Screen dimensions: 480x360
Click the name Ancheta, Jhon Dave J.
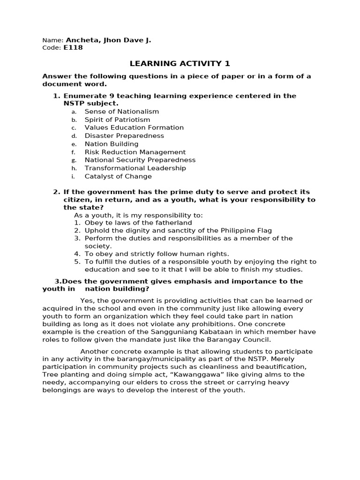[x=108, y=40]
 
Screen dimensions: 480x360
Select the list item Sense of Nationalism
[x=121, y=112]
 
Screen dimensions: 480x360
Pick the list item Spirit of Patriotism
[x=117, y=120]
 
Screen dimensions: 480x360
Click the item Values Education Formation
[x=134, y=127]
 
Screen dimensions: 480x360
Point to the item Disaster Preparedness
[x=124, y=136]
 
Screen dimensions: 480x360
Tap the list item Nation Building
[x=112, y=144]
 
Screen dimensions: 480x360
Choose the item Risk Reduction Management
[x=135, y=152]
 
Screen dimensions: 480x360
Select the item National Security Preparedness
[x=140, y=160]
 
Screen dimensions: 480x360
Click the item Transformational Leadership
[x=135, y=168]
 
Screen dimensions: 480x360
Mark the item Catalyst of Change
[x=118, y=177]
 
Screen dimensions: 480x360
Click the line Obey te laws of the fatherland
[x=138, y=223]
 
